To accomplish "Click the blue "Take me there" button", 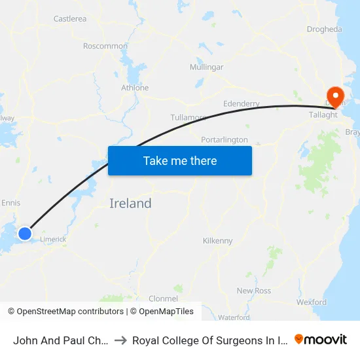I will [x=180, y=160].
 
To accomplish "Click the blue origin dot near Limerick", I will [x=25, y=234].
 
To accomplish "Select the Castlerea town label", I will [x=70, y=19].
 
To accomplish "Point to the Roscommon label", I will [x=105, y=46].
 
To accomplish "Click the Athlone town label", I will [x=135, y=88].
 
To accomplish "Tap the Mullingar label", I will [x=206, y=67].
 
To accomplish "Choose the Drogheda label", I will [x=325, y=29].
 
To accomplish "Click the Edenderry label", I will [x=242, y=103].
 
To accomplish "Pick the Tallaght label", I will [x=323, y=115].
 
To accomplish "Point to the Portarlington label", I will [x=225, y=139].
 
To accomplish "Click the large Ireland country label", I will [x=130, y=204].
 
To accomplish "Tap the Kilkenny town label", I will [x=218, y=241].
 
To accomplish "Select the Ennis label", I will [x=11, y=203].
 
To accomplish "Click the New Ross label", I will [x=254, y=291].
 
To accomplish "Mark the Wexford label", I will [x=312, y=302].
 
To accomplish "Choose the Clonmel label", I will [x=164, y=298].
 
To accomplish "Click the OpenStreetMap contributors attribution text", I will [x=67, y=312].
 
